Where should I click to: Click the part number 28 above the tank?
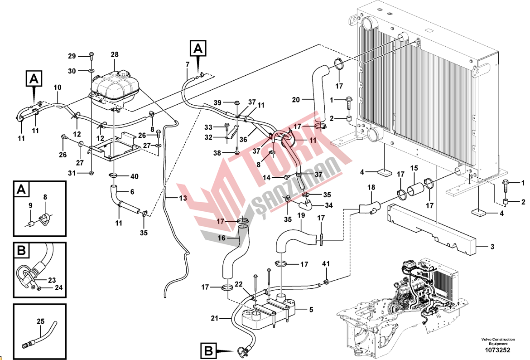click(x=114, y=54)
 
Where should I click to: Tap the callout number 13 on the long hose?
click(x=183, y=198)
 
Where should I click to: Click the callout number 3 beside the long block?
click(x=492, y=247)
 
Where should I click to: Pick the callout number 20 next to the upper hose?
click(x=296, y=99)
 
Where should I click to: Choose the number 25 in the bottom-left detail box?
click(x=40, y=321)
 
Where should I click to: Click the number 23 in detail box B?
click(x=52, y=280)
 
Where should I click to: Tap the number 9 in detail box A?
click(x=31, y=205)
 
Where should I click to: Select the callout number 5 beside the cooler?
click(x=311, y=310)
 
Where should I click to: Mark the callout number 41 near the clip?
click(x=326, y=263)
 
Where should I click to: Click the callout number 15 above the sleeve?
click(x=414, y=168)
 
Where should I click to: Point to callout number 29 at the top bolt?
click(x=72, y=56)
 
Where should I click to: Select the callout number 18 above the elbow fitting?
click(x=371, y=187)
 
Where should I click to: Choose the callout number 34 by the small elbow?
click(x=329, y=205)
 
